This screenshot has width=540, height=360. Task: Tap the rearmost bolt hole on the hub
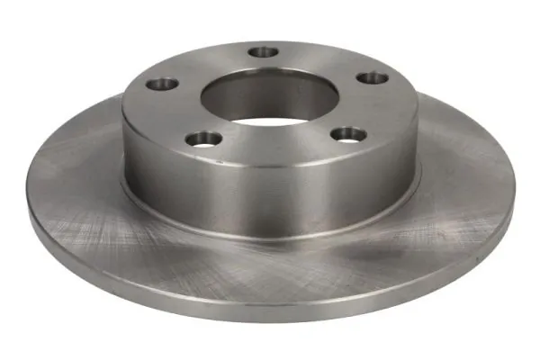(x=264, y=52)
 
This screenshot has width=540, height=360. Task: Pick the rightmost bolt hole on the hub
(x=372, y=77)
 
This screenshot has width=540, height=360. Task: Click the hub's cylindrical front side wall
(x=270, y=193)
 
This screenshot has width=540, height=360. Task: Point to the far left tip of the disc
(x=29, y=212)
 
